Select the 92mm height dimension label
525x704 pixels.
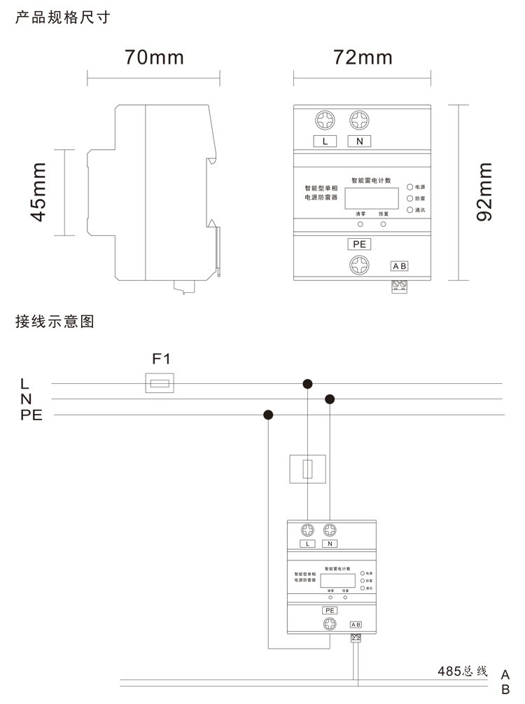484,192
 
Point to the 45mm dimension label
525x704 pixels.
39,192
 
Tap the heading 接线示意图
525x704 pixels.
54,322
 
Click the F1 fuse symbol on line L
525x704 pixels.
160,383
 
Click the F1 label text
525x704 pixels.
161,359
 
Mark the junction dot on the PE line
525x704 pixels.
268,415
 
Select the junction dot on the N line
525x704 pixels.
330,399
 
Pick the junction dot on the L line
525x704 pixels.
307,383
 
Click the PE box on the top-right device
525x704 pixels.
359,244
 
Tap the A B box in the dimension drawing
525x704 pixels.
399,266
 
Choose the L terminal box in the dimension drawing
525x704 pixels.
325,142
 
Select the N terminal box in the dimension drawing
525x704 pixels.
359,142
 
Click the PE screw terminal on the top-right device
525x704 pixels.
359,265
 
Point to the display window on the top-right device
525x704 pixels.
372,198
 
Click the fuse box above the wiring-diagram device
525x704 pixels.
307,469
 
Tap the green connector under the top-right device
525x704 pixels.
399,286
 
